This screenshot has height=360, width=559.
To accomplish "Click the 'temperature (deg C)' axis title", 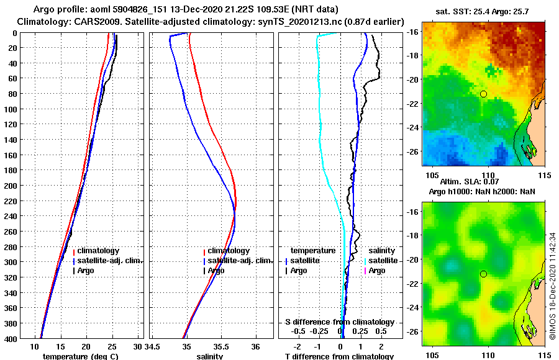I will tap(80, 356).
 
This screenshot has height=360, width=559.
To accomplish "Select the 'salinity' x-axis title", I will tap(211, 356).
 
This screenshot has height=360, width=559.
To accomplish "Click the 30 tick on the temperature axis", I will tap(138, 346).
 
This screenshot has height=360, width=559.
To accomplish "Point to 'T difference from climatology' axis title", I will tap(339, 356).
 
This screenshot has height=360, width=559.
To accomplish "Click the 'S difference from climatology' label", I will tap(339, 322).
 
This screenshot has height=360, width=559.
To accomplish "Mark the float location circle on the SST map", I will tap(483, 94).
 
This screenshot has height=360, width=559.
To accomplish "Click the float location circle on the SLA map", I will tap(483, 274).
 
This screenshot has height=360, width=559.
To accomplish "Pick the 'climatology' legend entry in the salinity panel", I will tap(228, 251).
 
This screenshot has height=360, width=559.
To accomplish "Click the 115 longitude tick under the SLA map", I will tap(545, 355).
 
